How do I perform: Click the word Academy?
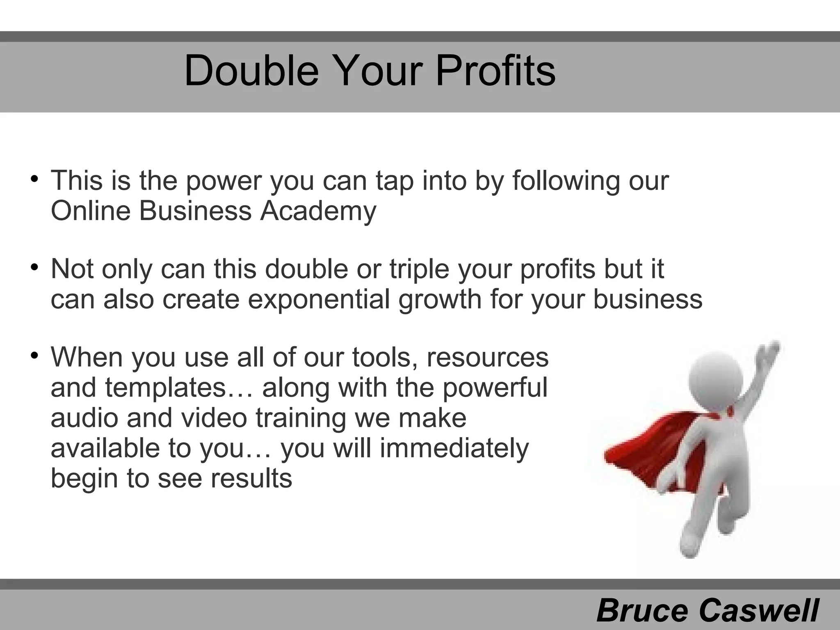(x=318, y=212)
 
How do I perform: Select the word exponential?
(x=319, y=300)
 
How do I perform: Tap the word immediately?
(x=454, y=448)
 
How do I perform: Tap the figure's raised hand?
(x=766, y=353)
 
